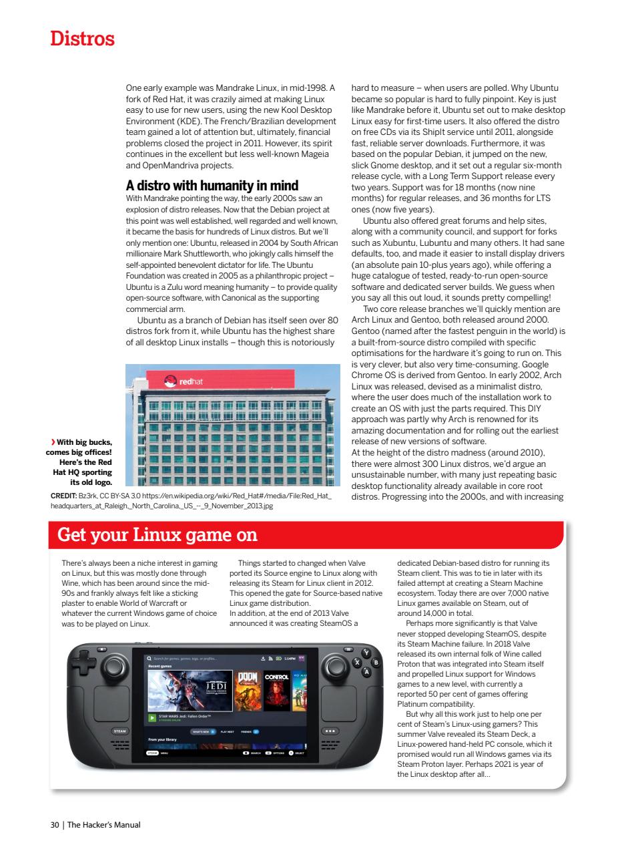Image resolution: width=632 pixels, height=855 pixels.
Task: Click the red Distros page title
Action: click(x=83, y=39)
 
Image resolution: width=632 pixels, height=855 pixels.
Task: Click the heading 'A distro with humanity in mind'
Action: click(x=212, y=185)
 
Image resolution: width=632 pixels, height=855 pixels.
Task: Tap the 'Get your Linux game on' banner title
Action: click(x=157, y=535)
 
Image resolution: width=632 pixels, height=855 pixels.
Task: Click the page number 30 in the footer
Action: click(x=55, y=824)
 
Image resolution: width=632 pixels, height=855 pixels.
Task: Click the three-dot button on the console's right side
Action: click(x=330, y=731)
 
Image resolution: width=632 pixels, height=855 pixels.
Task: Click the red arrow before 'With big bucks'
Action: click(x=53, y=442)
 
